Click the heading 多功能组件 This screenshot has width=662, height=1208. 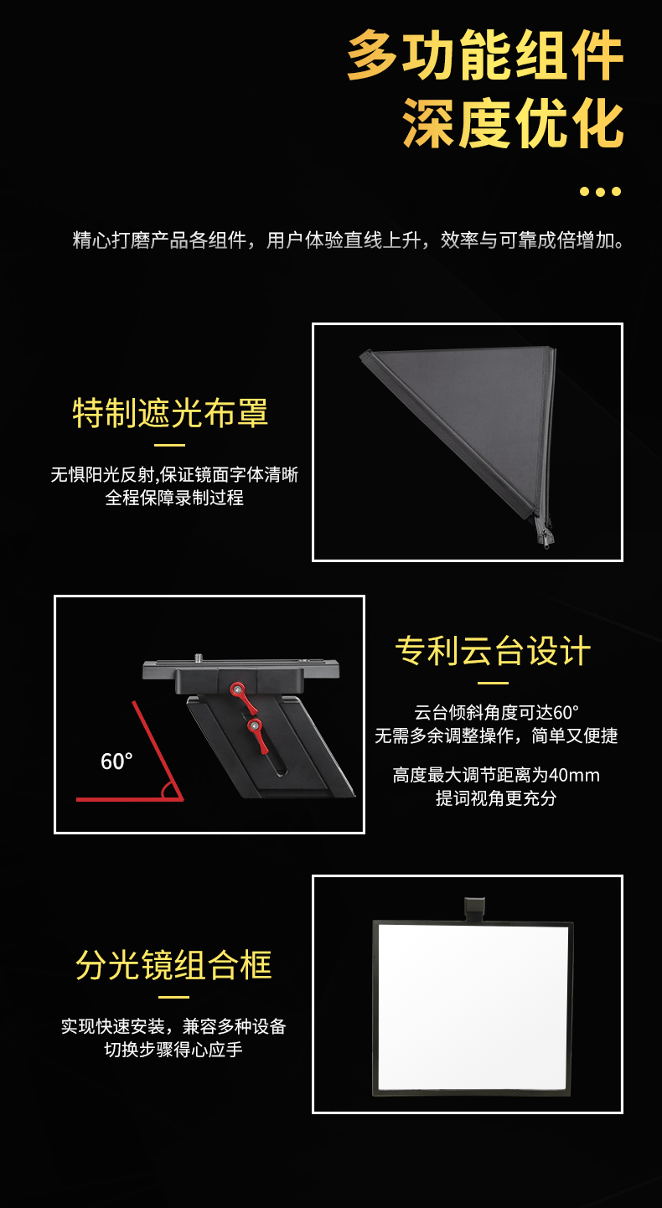485,56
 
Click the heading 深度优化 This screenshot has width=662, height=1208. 513,123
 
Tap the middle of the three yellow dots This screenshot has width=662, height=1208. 600,192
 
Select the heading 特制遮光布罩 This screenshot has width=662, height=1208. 170,413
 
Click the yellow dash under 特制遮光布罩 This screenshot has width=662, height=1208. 170,445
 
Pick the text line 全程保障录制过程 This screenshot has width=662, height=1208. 174,498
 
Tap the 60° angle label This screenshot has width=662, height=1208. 116,761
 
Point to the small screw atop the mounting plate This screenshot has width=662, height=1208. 199,658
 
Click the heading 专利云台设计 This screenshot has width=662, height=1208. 493,651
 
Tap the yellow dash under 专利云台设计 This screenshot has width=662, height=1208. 493,684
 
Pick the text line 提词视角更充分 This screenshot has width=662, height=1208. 496,798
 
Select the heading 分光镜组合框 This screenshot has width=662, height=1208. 174,965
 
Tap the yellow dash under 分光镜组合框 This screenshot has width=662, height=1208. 174,997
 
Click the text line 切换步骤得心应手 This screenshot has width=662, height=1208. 173,1049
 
